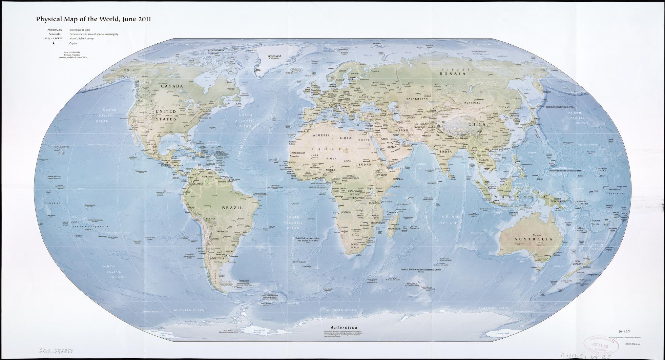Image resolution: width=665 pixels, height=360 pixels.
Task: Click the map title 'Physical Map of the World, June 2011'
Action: pyautogui.click(x=93, y=19)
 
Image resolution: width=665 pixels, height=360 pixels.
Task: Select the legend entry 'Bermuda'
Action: pyautogui.click(x=55, y=34)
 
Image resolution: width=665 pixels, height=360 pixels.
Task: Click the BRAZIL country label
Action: pyautogui.click(x=232, y=208)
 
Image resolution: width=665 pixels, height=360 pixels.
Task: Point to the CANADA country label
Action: pyautogui.click(x=172, y=86)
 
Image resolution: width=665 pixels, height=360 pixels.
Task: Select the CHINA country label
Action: pyautogui.click(x=477, y=124)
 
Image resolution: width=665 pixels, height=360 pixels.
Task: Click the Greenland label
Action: pyautogui.click(x=274, y=56)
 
